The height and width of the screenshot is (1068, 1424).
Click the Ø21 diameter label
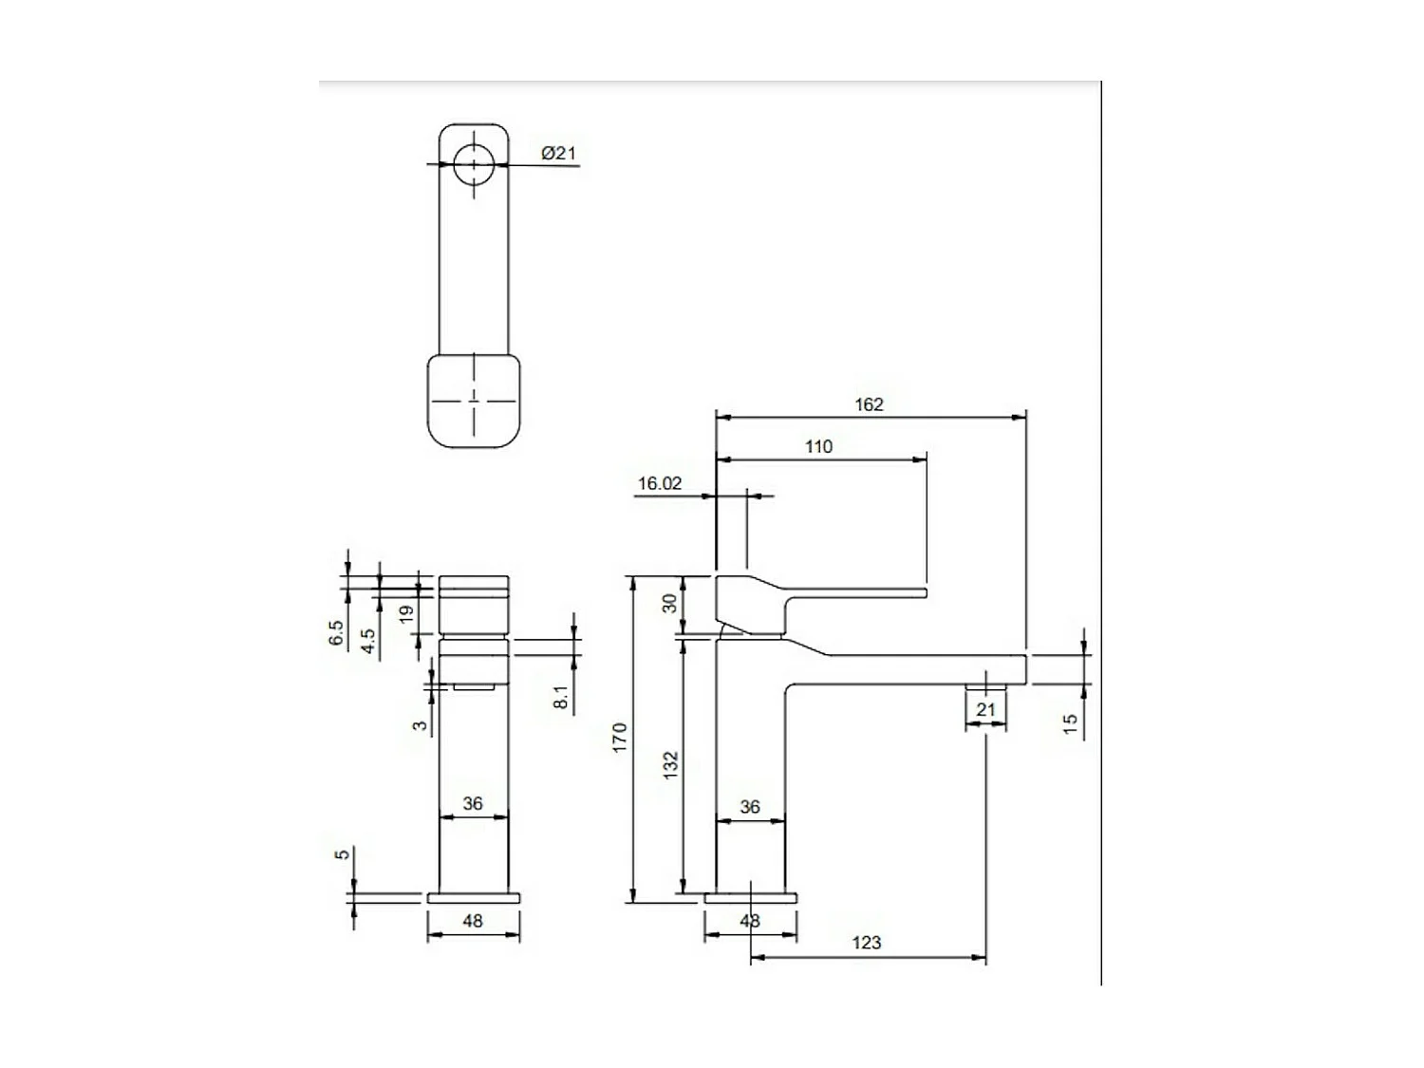(559, 154)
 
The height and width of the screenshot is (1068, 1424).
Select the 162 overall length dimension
(869, 404)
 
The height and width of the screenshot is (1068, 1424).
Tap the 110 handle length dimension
(818, 447)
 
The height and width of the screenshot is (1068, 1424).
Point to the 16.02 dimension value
(660, 483)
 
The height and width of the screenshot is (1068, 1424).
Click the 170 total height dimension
(621, 738)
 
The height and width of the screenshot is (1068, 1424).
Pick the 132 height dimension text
(671, 765)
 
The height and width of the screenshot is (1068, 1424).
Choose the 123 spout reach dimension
(866, 943)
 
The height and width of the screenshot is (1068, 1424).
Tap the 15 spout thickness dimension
(1071, 723)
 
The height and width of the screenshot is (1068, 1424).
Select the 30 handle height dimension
(671, 603)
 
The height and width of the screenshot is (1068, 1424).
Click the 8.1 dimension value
(561, 698)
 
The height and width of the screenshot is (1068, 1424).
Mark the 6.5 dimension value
(336, 632)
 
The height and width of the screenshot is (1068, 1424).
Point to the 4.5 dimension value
(368, 641)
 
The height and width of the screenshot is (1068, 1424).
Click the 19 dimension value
(407, 614)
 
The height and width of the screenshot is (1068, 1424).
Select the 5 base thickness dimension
(343, 854)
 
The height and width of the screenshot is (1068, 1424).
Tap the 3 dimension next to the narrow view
(419, 726)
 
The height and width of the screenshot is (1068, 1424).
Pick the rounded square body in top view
(474, 400)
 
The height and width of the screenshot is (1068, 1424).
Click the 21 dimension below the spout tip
(985, 710)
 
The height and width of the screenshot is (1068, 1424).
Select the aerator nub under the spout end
(985, 685)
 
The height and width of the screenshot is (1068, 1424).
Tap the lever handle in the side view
(816, 594)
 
